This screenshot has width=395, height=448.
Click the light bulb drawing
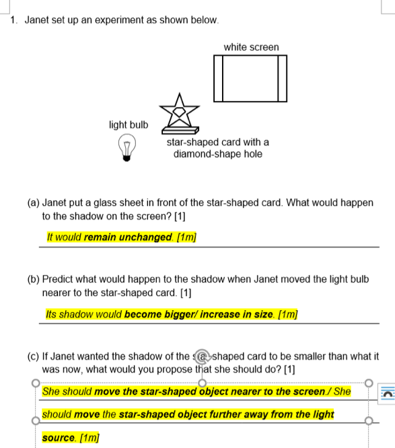127,146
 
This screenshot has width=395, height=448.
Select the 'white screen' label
251,47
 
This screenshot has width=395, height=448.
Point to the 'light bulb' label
129,124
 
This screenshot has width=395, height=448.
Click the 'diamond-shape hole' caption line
217,154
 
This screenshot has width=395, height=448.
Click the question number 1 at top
14,20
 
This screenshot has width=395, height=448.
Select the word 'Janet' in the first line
38,20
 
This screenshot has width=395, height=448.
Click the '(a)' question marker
33,202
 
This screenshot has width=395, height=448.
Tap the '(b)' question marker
33,278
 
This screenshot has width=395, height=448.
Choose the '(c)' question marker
33,356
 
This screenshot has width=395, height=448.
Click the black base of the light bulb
127,157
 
